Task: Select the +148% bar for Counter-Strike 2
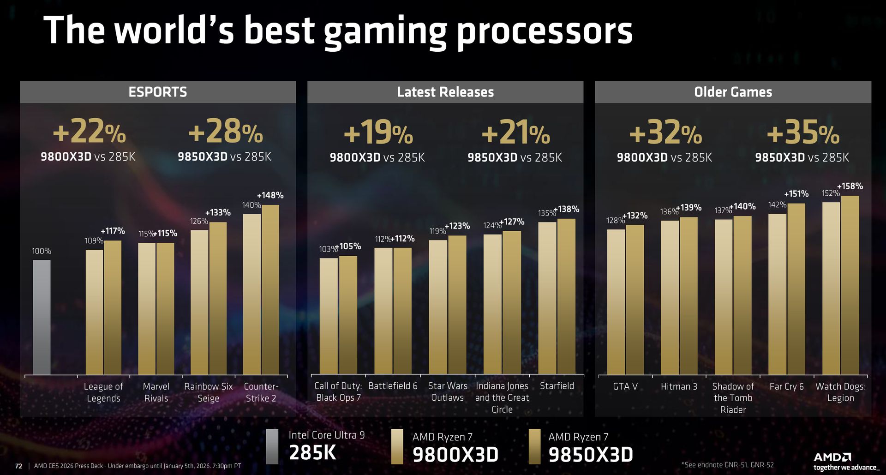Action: pyautogui.click(x=270, y=289)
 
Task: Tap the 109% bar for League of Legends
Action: pyautogui.click(x=94, y=312)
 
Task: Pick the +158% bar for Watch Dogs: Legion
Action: pyautogui.click(x=850, y=285)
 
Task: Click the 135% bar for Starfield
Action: pyautogui.click(x=547, y=298)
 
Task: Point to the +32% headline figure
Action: pyautogui.click(x=665, y=133)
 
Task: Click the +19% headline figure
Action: pyautogui.click(x=378, y=133)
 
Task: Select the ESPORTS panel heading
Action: pyautogui.click(x=158, y=92)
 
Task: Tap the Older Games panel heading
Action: pyautogui.click(x=733, y=92)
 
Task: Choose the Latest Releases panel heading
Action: pyautogui.click(x=445, y=92)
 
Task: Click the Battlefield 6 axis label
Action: pyautogui.click(x=393, y=386)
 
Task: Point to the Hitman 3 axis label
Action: pyautogui.click(x=679, y=386)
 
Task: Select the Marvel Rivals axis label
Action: pyautogui.click(x=156, y=392)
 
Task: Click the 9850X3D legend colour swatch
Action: pyautogui.click(x=534, y=446)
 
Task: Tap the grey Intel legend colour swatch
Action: pyautogui.click(x=272, y=446)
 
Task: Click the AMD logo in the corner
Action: pyautogui.click(x=832, y=457)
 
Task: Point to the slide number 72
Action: pyautogui.click(x=18, y=466)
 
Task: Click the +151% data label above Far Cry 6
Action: pyautogui.click(x=796, y=194)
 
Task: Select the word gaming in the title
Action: pyautogui.click(x=385, y=31)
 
